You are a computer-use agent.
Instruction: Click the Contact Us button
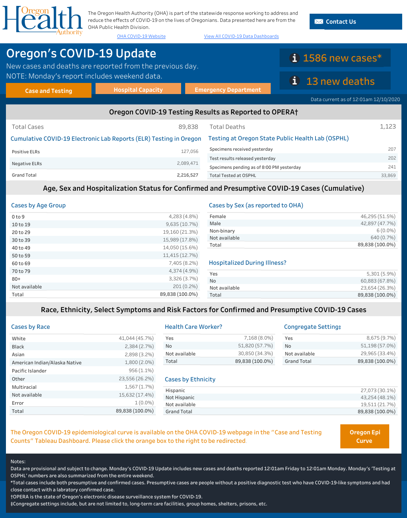[356, 22]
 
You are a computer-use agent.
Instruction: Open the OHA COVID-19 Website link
[141, 36]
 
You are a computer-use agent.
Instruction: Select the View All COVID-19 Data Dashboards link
[241, 36]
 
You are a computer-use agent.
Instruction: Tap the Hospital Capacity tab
[138, 90]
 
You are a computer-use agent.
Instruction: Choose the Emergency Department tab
[228, 90]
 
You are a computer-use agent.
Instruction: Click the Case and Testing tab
[49, 91]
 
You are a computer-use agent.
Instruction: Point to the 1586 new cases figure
[342, 58]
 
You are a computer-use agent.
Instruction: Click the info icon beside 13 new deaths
[294, 81]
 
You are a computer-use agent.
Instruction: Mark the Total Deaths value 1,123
[387, 127]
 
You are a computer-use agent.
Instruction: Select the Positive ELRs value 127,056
[190, 151]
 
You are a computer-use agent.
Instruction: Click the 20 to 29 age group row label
[21, 232]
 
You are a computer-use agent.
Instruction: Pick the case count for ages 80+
[183, 279]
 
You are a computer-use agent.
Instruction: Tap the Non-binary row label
[222, 231]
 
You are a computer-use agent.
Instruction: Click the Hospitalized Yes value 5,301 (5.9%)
[381, 274]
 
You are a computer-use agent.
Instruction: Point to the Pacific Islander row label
[29, 371]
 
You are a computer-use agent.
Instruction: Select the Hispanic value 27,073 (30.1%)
[378, 390]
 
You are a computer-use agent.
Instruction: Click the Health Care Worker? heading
[193, 327]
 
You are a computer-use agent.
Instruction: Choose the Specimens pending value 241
[392, 167]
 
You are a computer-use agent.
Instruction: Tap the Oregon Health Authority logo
[43, 20]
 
